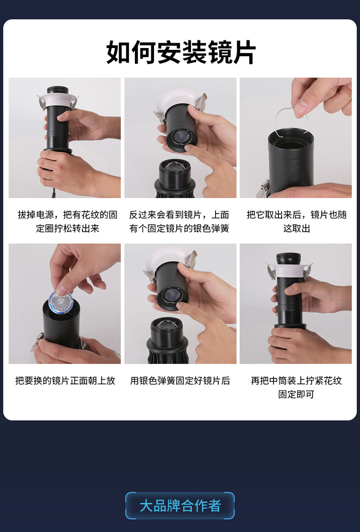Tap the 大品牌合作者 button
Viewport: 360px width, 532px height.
click(180, 506)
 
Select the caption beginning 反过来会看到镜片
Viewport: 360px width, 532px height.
click(180, 221)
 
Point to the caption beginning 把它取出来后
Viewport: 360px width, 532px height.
click(296, 221)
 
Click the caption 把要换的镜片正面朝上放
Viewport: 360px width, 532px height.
click(65, 381)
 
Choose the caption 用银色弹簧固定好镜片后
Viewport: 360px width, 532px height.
click(180, 381)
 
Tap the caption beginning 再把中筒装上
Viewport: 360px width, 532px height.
click(296, 387)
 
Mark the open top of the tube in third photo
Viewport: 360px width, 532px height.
click(290, 135)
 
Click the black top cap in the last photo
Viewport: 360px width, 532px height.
click(288, 258)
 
